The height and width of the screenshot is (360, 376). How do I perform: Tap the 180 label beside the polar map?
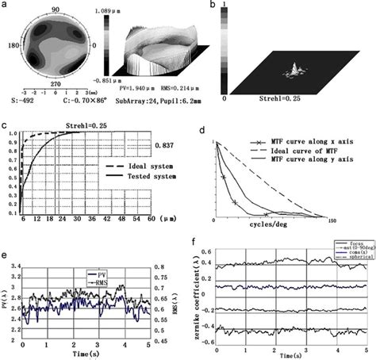[10, 46]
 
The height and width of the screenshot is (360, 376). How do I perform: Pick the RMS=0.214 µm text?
[197, 93]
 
